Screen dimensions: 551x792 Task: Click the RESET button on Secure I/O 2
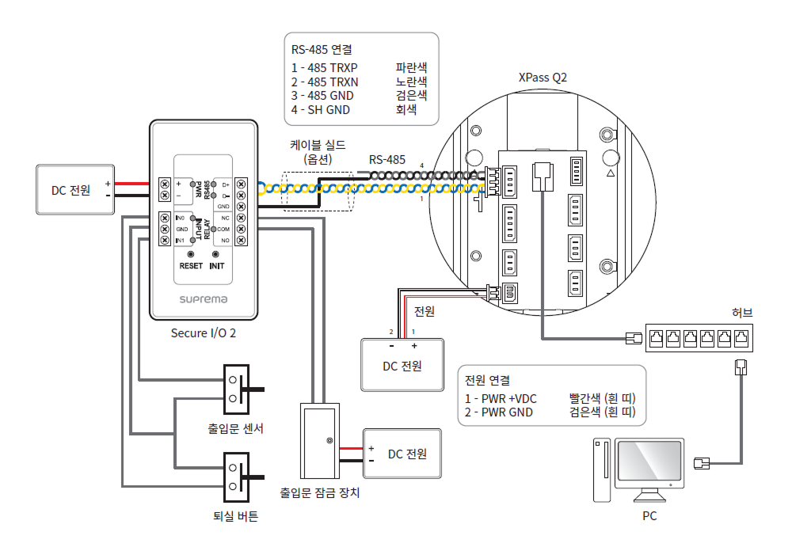pos(191,254)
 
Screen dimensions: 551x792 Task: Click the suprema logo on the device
pos(203,298)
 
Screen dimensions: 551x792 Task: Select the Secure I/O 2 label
pos(203,333)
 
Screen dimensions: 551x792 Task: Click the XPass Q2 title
pos(543,78)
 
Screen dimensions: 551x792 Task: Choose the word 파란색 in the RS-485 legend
pos(411,68)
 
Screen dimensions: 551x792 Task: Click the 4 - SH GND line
pos(321,110)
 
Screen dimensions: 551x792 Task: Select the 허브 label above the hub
pos(741,313)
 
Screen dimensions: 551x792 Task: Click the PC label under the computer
pos(649,516)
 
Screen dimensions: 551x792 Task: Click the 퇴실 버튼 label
pos(235,516)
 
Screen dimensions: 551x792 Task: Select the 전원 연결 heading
pos(487,380)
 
